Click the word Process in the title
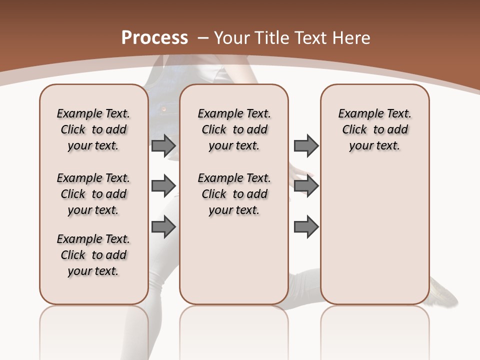coord(154,37)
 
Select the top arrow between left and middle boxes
coord(163,145)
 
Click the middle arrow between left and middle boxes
coord(163,186)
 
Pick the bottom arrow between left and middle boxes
coord(163,227)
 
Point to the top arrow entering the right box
coord(306,145)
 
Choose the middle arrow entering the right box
coord(306,186)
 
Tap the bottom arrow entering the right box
coord(306,227)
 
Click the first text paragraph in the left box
coord(93,129)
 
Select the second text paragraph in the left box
coord(93,194)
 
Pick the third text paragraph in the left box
coord(93,255)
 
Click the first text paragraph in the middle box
coord(234,129)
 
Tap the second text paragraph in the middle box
coord(234,194)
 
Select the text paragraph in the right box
coord(374,129)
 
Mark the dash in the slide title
coord(203,38)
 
